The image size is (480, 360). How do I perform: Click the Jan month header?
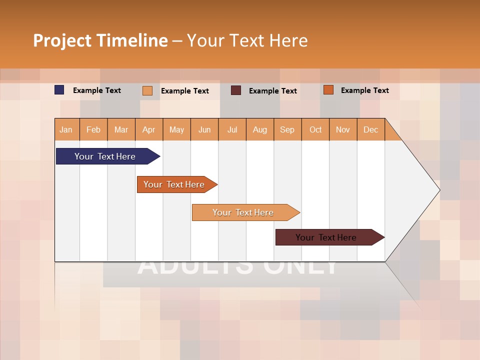(66, 129)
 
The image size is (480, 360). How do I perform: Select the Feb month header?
(93, 129)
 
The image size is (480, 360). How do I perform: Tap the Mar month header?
(121, 129)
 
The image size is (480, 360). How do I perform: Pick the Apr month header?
(149, 129)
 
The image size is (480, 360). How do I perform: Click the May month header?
(176, 129)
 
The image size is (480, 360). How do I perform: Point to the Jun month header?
(204, 129)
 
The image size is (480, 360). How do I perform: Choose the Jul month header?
(232, 129)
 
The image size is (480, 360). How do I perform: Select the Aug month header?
(260, 129)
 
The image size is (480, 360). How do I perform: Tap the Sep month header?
(287, 129)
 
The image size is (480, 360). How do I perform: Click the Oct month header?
(315, 129)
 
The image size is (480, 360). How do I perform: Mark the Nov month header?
(343, 129)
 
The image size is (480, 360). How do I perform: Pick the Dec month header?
(371, 129)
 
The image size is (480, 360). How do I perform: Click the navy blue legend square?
(59, 90)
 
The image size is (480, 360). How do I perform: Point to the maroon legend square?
(236, 90)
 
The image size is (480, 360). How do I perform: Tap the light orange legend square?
(147, 90)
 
